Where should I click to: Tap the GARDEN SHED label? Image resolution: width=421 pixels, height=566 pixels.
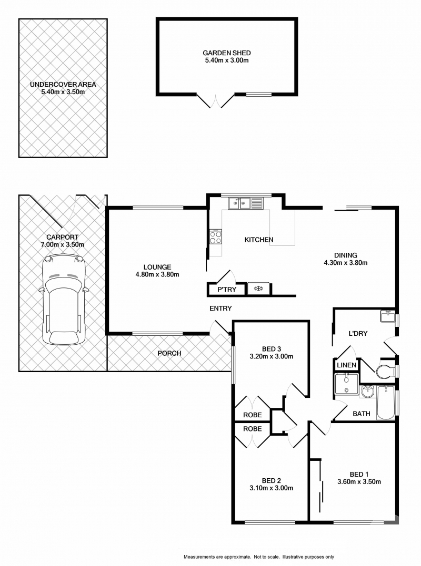(226, 53)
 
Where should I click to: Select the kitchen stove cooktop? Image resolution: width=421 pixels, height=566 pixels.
(216, 237)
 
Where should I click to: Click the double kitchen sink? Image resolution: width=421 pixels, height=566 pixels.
(239, 202)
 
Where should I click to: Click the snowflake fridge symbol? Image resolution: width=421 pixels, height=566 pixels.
(258, 289)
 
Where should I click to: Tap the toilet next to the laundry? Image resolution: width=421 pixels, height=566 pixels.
(386, 371)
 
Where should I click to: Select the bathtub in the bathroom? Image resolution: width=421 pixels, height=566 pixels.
(386, 402)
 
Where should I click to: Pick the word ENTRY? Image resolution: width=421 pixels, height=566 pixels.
(220, 308)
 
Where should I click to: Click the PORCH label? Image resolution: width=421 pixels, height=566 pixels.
(169, 353)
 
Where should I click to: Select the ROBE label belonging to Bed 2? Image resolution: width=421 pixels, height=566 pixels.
(252, 429)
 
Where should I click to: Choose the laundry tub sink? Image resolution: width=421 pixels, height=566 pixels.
(387, 316)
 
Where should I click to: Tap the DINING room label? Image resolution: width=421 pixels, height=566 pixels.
(345, 255)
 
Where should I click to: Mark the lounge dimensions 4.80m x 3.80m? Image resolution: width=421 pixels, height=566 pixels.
(157, 274)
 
